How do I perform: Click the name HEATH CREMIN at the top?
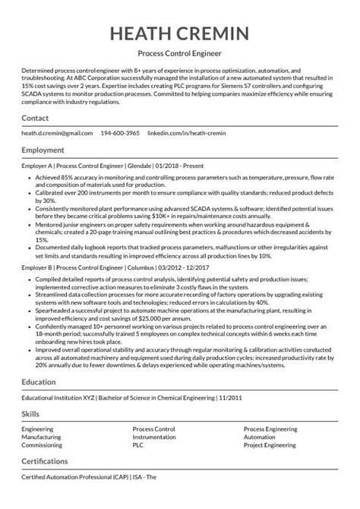point(179,35)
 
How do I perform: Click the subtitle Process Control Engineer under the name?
point(179,55)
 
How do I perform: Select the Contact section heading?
point(36,119)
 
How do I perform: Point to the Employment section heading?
point(43,150)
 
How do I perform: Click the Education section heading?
point(39,405)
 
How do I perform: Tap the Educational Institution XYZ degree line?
point(121,419)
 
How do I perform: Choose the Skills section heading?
point(30,436)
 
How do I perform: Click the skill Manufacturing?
point(41,458)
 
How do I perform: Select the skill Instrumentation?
point(153,458)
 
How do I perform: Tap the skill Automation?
point(260,458)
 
